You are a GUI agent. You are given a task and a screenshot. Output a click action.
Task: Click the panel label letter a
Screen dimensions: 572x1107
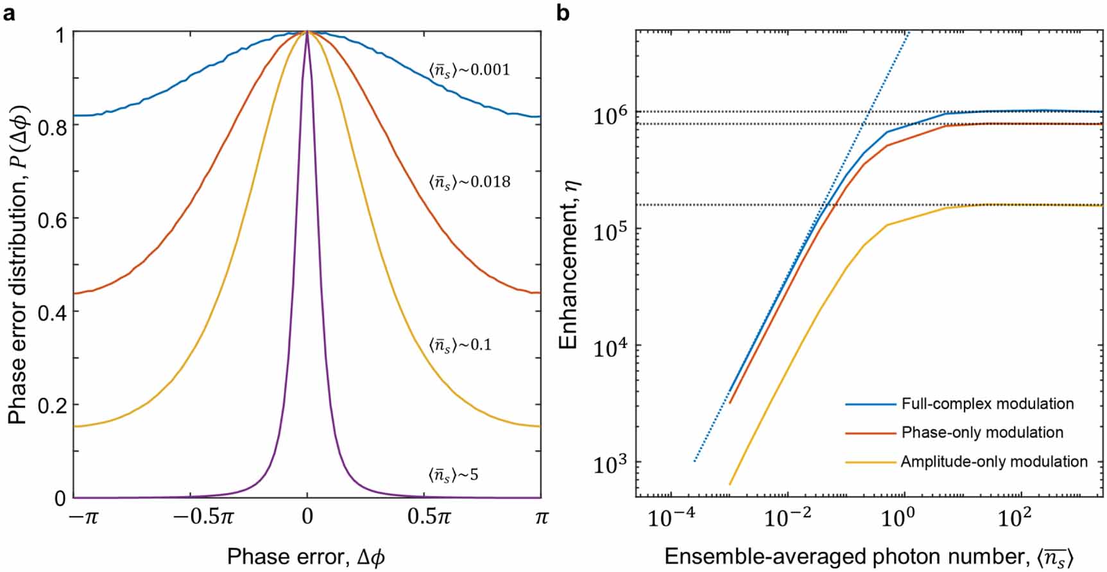[x=9, y=12]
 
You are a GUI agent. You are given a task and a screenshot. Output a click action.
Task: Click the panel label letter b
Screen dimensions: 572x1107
[x=563, y=12]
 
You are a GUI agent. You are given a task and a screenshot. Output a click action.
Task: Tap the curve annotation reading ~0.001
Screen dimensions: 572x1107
[x=469, y=69]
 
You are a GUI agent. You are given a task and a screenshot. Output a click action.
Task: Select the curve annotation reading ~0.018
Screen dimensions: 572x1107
[x=469, y=182]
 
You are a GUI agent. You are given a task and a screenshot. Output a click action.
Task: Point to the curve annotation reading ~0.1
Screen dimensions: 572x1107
[x=459, y=345]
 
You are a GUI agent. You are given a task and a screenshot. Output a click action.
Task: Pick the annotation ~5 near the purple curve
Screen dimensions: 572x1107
[x=453, y=476]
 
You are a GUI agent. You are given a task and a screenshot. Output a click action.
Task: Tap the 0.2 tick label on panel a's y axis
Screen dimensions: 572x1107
[x=52, y=406]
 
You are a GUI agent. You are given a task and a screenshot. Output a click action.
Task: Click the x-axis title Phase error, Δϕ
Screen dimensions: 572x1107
[x=306, y=556]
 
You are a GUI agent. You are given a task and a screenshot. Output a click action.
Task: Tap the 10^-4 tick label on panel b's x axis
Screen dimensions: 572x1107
[x=671, y=517]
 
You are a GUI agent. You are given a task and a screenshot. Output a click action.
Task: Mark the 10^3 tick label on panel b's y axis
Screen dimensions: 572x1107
[x=609, y=465]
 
